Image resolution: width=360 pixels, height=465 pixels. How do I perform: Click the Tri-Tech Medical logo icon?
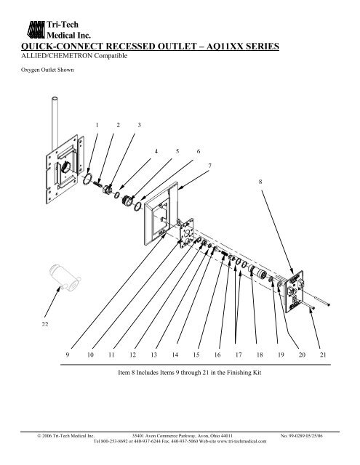tap(36, 30)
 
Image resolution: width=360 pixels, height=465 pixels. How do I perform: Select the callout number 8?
tap(260, 182)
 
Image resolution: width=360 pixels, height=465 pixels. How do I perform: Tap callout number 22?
tap(45, 324)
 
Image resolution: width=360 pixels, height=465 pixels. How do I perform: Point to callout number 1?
tap(97, 125)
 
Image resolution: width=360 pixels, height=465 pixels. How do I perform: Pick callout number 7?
tap(210, 166)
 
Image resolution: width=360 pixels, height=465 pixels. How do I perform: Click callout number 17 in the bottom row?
tap(239, 355)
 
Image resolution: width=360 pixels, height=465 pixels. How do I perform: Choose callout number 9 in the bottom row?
tap(68, 355)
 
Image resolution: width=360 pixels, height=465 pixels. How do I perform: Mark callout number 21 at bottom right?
tap(323, 355)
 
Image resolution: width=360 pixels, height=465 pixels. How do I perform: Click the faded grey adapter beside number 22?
tap(65, 278)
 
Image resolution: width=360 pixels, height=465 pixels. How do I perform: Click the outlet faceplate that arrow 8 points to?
tap(294, 291)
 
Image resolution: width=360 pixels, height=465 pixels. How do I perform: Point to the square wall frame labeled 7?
tap(161, 214)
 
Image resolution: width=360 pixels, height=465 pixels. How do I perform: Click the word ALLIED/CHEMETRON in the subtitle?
tap(57, 56)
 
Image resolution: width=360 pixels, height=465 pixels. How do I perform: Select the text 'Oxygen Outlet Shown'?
tap(47, 70)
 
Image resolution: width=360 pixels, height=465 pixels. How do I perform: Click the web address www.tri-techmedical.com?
tap(242, 441)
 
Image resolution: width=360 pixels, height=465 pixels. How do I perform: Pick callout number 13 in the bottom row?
tap(153, 355)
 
